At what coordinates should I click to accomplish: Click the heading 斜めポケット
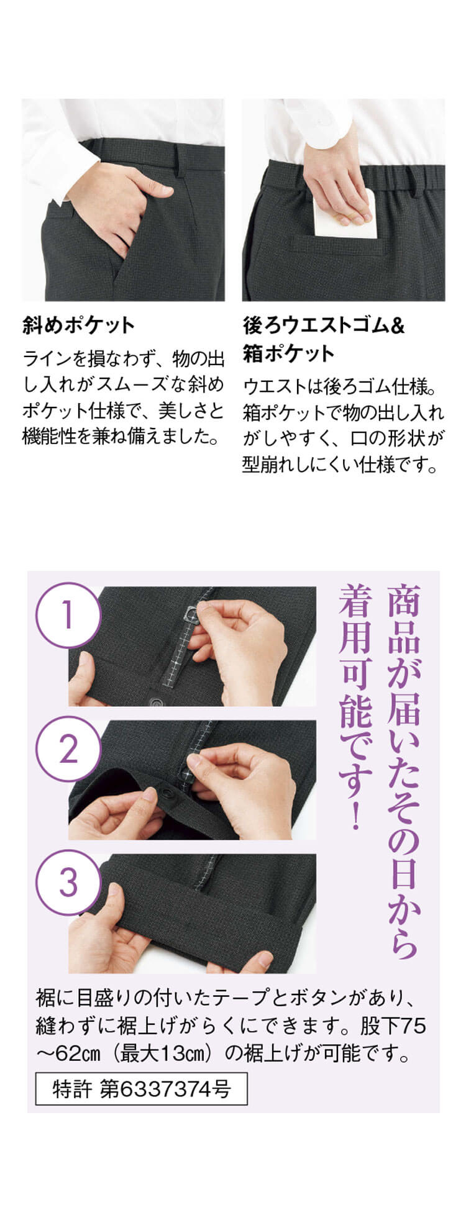pyautogui.click(x=78, y=325)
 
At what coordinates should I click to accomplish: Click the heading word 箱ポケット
pyautogui.click(x=288, y=353)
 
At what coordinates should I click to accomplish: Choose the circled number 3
pyautogui.click(x=68, y=883)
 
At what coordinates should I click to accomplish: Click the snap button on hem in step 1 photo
pyautogui.click(x=153, y=701)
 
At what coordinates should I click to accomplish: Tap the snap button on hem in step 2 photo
pyautogui.click(x=168, y=793)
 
